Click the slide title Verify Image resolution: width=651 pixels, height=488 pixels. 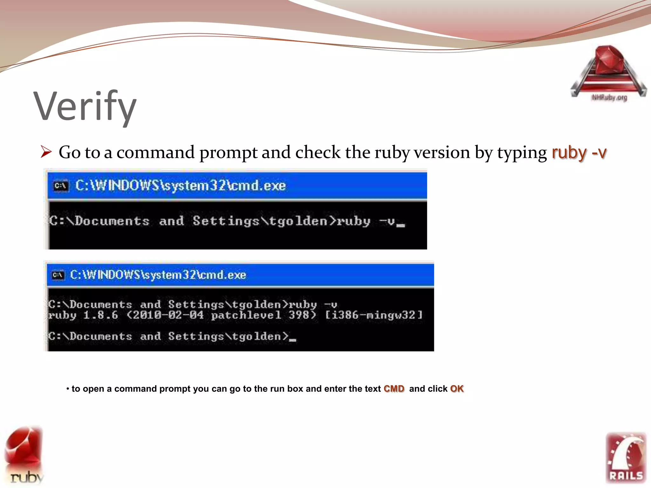(x=85, y=106)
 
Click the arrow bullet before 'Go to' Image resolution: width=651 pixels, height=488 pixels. (x=46, y=152)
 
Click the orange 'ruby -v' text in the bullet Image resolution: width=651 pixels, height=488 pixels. (x=579, y=152)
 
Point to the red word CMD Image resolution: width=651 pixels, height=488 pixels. (x=394, y=389)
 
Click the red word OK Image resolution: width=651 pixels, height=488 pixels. (x=457, y=389)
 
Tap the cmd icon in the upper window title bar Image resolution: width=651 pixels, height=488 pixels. (x=60, y=186)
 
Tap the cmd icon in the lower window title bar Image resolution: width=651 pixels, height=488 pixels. (x=58, y=275)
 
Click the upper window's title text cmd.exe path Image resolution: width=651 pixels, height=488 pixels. (x=180, y=186)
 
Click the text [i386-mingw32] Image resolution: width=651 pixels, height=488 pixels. (x=374, y=315)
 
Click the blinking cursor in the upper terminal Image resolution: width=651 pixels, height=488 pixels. (x=401, y=225)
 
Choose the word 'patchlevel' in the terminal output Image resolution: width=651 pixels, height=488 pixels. (x=246, y=315)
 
